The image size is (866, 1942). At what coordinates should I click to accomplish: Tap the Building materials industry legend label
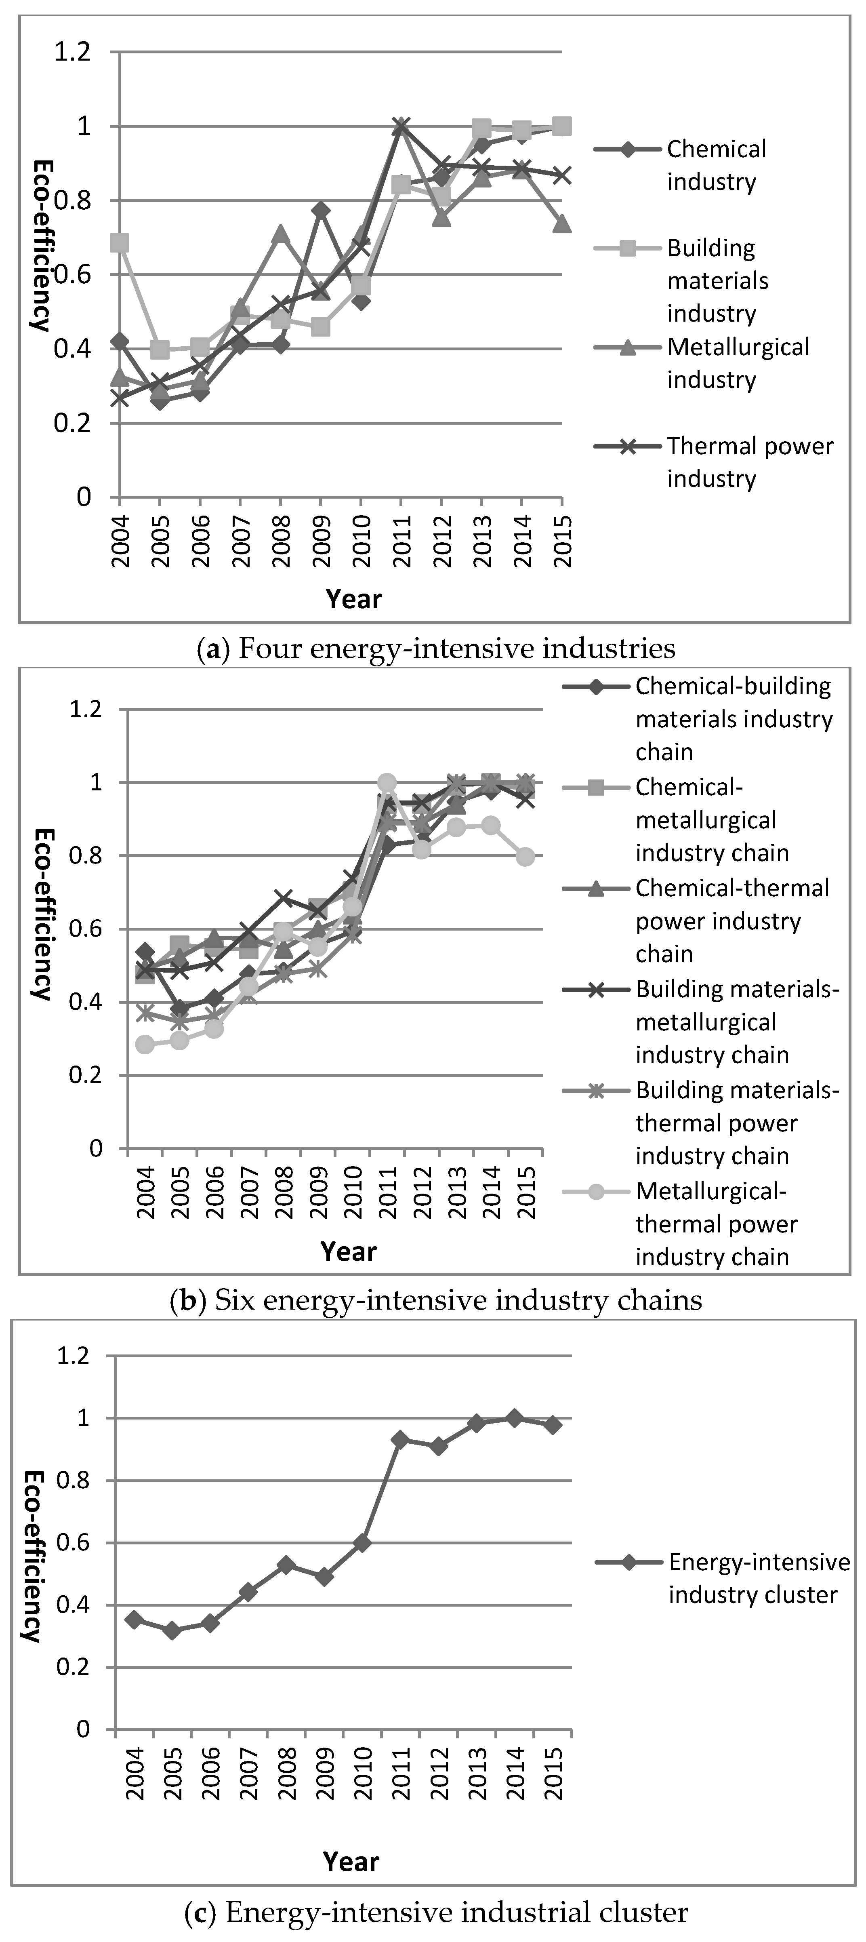[x=716, y=280]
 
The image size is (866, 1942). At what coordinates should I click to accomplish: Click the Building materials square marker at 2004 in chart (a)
[x=119, y=243]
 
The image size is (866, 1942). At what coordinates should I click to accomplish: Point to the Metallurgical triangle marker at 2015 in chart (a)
[x=561, y=224]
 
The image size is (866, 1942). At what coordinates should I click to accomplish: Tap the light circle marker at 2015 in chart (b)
[x=526, y=856]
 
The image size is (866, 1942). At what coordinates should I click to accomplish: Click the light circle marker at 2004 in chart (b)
[x=145, y=1044]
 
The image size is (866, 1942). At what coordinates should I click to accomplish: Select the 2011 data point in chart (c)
[x=400, y=1439]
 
